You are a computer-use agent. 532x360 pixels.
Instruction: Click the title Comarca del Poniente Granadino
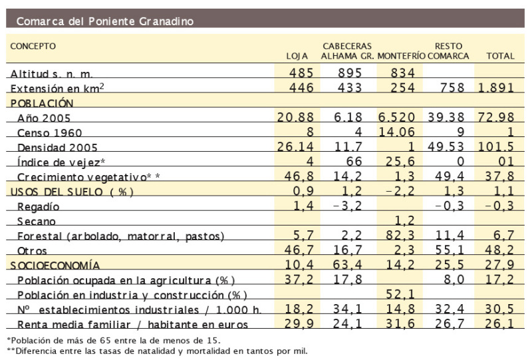[x=105, y=21]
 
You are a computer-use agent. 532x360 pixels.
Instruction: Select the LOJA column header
[x=297, y=57]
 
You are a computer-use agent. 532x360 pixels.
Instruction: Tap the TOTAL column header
[x=500, y=57]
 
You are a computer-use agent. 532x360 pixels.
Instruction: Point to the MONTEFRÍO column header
[x=400, y=57]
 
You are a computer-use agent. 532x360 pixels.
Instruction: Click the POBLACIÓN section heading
[x=41, y=103]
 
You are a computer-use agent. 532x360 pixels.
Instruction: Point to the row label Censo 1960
[x=51, y=132]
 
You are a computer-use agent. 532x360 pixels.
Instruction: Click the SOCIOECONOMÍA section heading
[x=55, y=265]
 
